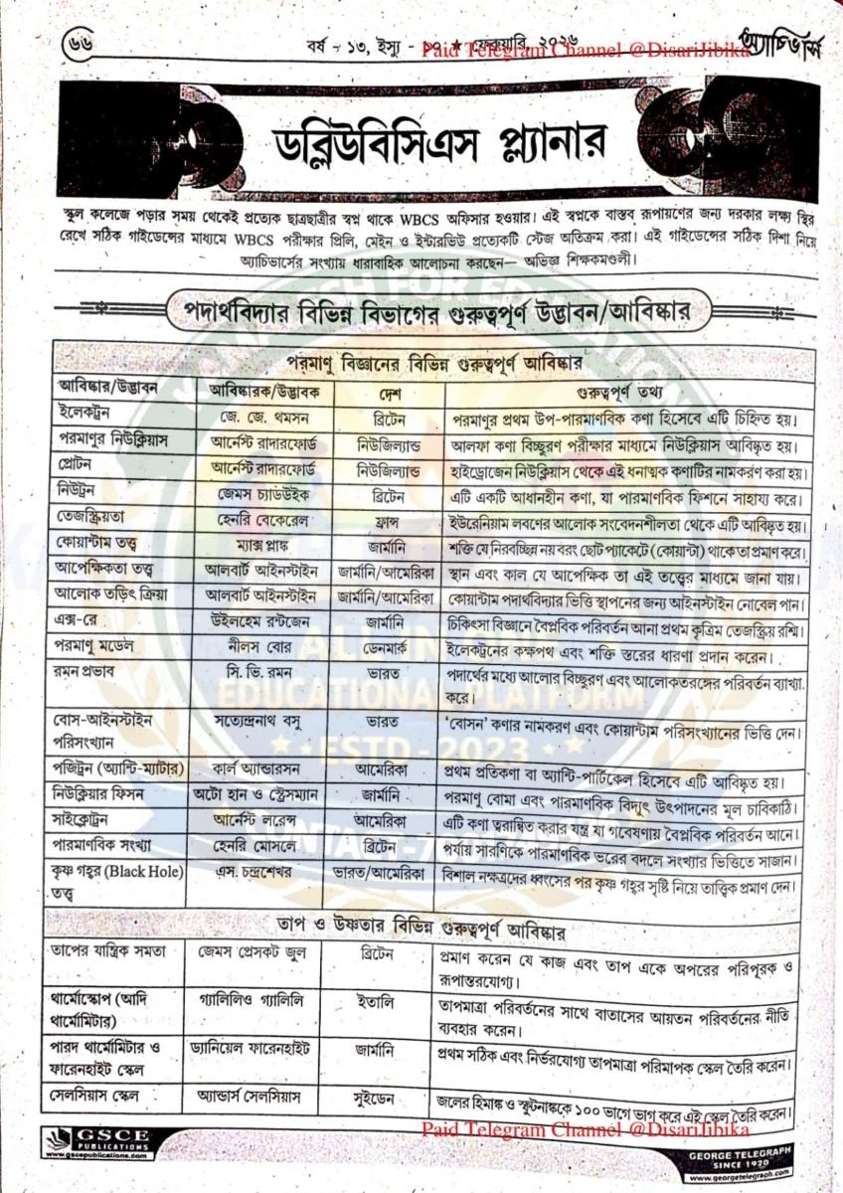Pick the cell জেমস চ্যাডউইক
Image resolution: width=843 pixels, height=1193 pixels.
point(262,494)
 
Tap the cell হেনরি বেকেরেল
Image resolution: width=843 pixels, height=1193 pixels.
point(262,520)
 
